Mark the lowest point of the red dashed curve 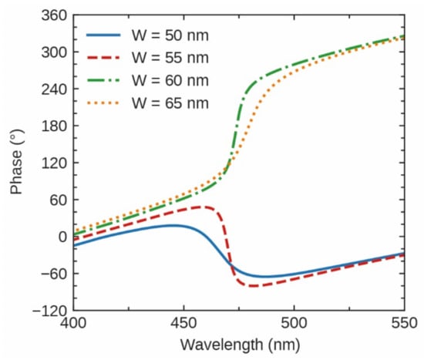253,286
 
